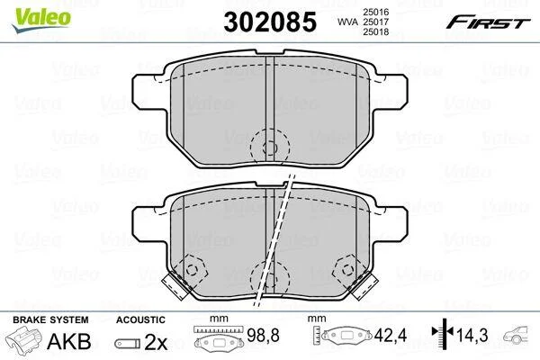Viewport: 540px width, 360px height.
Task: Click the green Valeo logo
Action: (x=41, y=19)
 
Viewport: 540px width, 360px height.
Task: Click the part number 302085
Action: (x=270, y=22)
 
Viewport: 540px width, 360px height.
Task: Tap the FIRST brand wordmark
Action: (x=488, y=22)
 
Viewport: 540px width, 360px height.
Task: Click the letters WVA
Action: (x=347, y=22)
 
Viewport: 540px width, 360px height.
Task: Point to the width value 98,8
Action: (x=263, y=335)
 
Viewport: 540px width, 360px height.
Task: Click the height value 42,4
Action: (x=391, y=335)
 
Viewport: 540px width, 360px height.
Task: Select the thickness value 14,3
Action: (x=472, y=335)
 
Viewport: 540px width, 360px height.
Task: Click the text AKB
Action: (x=69, y=341)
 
